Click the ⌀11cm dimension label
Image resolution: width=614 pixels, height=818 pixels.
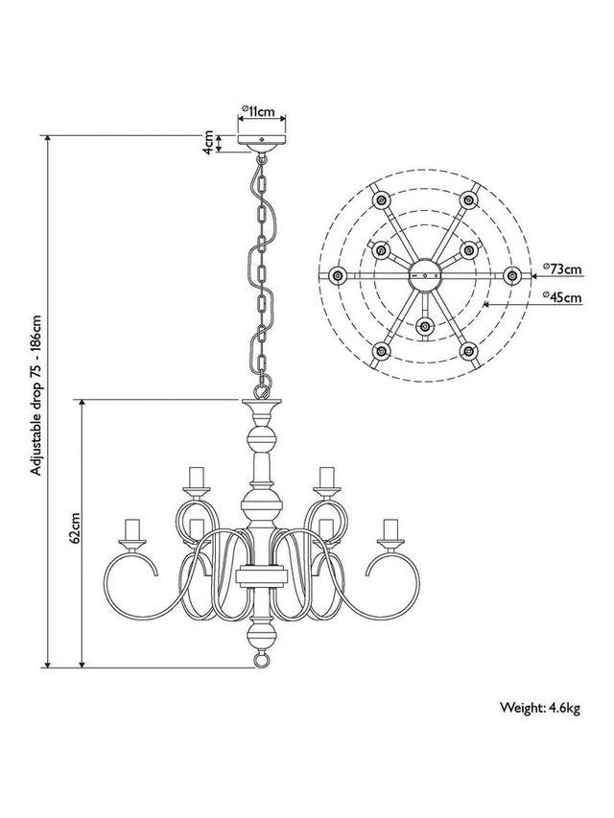261,111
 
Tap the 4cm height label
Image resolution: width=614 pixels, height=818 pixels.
208,144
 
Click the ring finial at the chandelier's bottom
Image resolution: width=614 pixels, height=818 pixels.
261,662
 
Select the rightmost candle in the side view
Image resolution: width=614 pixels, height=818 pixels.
390,530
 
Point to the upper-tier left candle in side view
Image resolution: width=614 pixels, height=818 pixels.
197,477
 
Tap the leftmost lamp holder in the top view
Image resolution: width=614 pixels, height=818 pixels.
336,276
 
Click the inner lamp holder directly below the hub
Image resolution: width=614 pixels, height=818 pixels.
423,326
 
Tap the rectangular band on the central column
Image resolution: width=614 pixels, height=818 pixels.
261,577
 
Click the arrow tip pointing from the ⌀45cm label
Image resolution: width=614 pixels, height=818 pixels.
487,303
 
